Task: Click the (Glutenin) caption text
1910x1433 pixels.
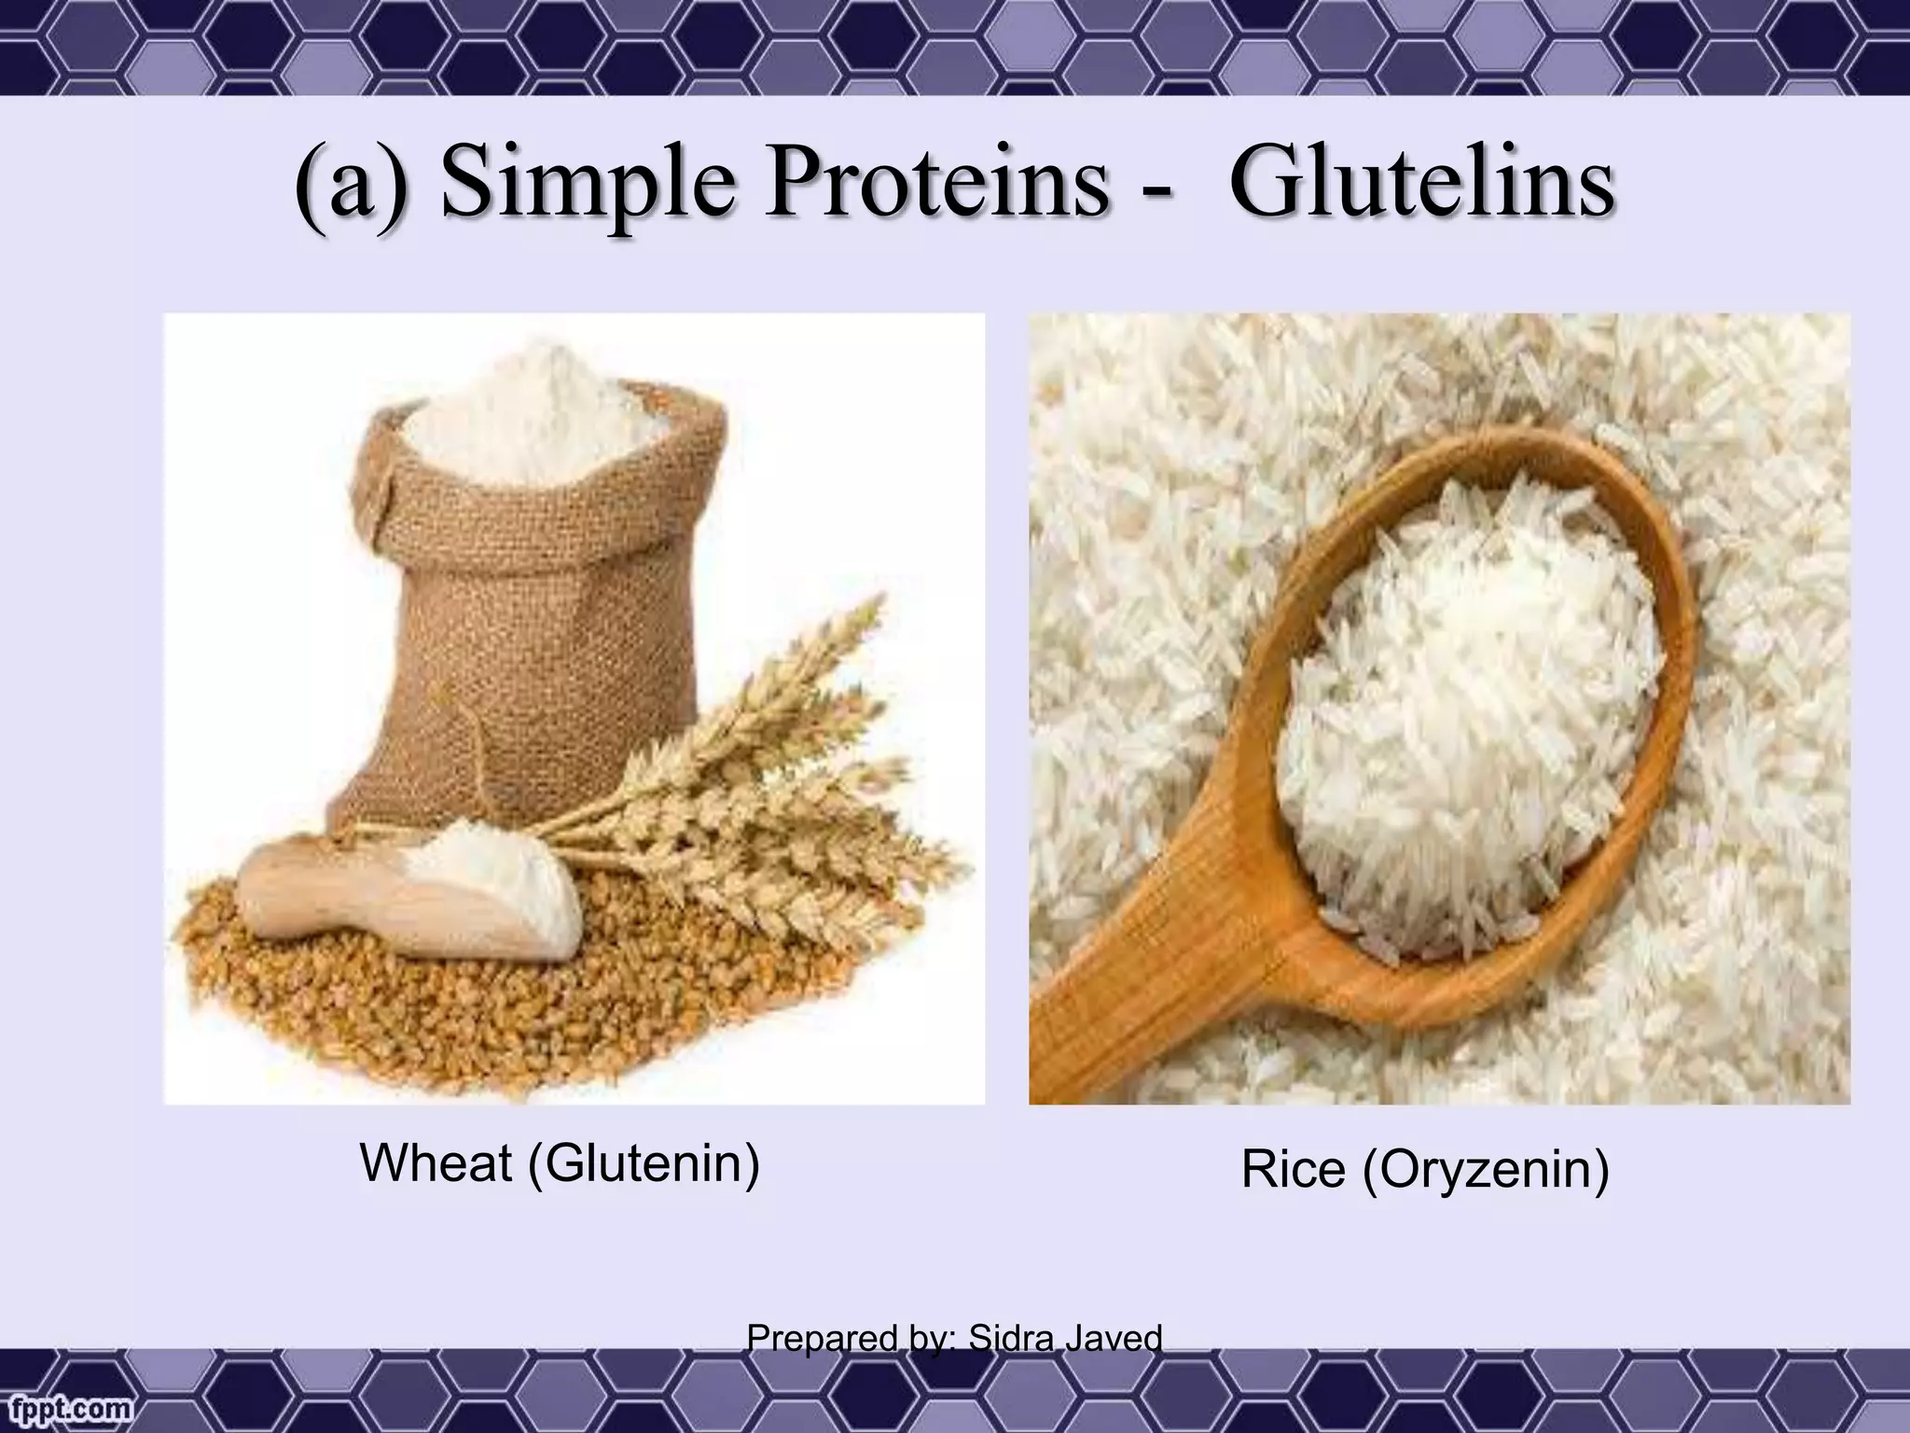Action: click(x=644, y=1163)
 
